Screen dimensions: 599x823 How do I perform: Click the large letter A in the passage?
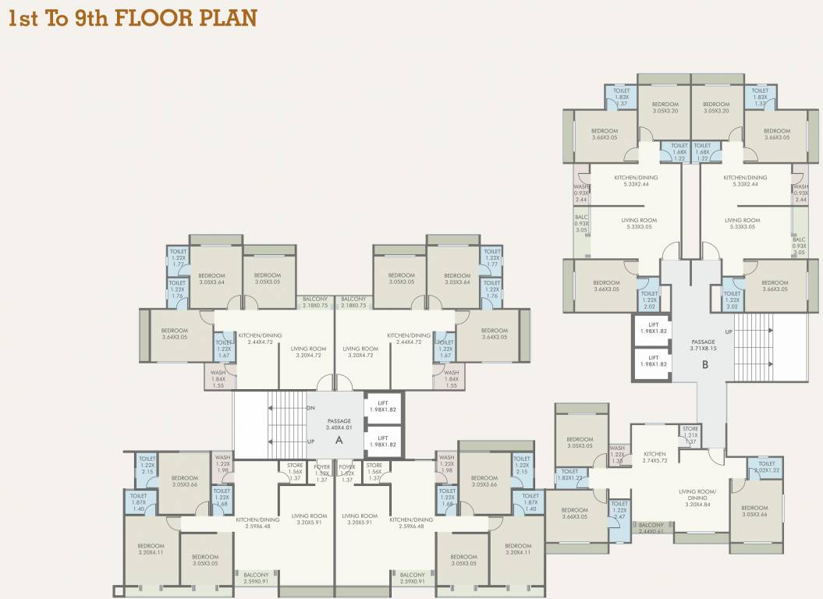(x=339, y=440)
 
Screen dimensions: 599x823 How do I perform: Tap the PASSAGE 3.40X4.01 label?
(x=339, y=424)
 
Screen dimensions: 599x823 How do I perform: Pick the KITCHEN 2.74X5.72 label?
(x=654, y=457)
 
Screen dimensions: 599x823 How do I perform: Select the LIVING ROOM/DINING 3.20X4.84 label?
(x=698, y=498)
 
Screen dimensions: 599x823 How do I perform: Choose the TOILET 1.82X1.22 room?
(x=569, y=475)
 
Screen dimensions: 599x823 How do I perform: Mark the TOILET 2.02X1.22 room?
(x=766, y=467)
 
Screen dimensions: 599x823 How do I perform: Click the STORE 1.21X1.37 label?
(x=690, y=435)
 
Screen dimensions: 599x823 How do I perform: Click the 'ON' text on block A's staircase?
(x=310, y=408)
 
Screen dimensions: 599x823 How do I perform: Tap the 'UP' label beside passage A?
(x=310, y=441)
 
